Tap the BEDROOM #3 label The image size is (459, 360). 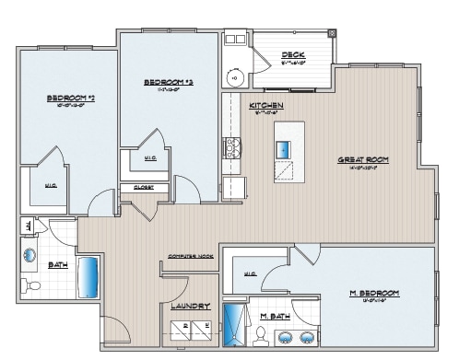[x=167, y=82]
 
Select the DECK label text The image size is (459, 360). [x=294, y=55]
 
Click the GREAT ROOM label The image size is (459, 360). [x=362, y=159]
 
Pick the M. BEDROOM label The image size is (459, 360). [x=373, y=293]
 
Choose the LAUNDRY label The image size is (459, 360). [x=191, y=306]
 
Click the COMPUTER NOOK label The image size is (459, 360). [x=191, y=255]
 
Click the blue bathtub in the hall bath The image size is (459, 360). [x=88, y=274]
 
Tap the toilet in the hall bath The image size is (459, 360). [x=34, y=286]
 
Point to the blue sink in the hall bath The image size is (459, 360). [x=30, y=254]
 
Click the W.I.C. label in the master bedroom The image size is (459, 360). [x=250, y=273]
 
